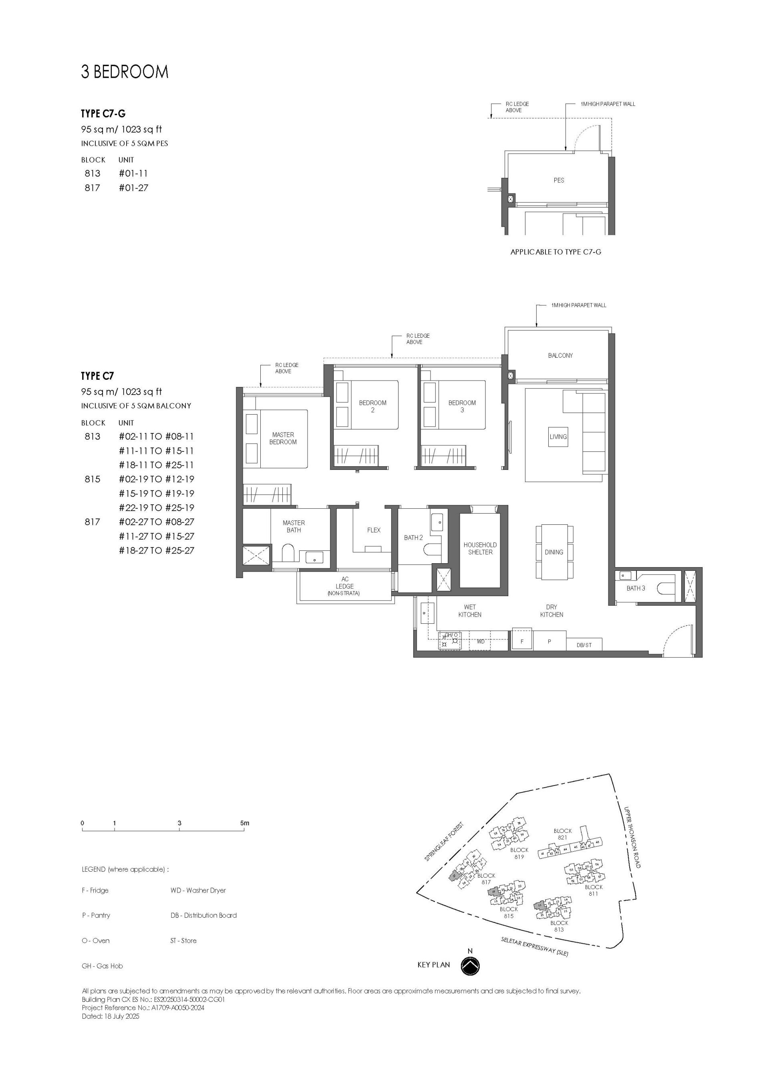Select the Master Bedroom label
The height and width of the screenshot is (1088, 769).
point(283,438)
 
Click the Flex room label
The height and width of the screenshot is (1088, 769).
point(373,530)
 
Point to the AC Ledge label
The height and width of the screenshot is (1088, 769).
point(344,586)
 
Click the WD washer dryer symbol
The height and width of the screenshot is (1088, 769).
point(481,642)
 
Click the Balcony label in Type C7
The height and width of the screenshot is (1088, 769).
point(560,355)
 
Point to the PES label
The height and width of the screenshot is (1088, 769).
point(559,180)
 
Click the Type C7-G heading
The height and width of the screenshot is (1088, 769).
point(103,114)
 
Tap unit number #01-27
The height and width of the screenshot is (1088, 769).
point(134,187)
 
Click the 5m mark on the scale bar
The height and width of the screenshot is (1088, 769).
point(244,823)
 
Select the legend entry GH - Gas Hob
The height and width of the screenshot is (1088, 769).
point(103,966)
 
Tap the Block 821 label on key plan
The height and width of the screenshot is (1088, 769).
point(562,834)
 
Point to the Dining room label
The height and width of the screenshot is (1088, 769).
point(554,552)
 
